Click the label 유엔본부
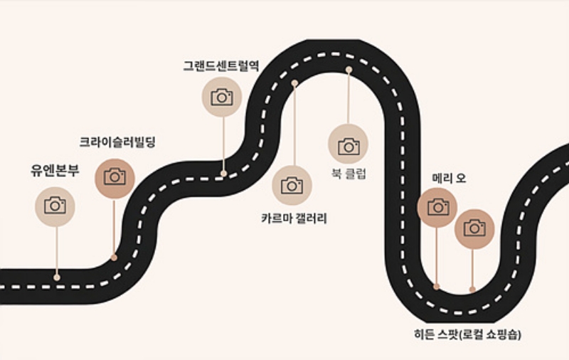coord(55,171)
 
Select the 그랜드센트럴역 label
coord(221,65)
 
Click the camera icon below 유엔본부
coord(55,206)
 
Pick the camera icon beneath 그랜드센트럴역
coord(222,97)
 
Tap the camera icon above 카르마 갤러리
coord(292,185)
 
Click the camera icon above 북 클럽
coord(348,145)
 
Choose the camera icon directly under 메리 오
coord(437,207)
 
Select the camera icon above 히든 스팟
coord(474,228)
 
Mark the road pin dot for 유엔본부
coord(57,277)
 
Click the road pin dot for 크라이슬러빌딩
coord(114,258)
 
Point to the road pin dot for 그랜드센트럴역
coord(223,173)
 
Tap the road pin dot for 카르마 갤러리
coord(294,83)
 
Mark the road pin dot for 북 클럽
coord(349,70)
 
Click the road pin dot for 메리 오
coord(437,287)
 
